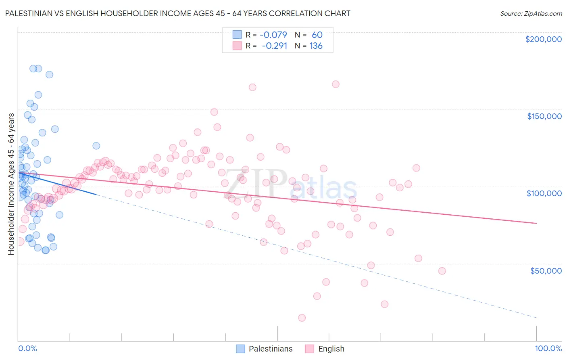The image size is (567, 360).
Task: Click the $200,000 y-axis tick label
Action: coord(543,39)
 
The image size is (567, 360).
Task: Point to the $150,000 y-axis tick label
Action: coord(544,116)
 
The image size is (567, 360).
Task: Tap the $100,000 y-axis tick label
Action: coord(544,193)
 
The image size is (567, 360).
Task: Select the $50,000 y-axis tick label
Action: coord(546,270)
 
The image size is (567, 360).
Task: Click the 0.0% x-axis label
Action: coord(27,348)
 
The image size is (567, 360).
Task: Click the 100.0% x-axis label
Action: coord(548,348)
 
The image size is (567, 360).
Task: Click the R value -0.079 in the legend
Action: coord(273,35)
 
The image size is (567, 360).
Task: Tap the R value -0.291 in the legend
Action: coord(274,46)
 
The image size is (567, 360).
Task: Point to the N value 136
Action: coord(316,46)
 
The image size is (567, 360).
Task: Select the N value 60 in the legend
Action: coord(317,35)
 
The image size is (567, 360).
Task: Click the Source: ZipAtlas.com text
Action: coord(531,13)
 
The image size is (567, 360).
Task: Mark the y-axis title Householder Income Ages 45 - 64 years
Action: coord(11,184)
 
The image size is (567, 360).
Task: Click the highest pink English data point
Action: coord(336,84)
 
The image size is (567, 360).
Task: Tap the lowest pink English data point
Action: coord(302,318)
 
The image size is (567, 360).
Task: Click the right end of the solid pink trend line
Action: coord(536,223)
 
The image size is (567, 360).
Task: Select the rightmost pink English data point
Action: coord(442,271)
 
